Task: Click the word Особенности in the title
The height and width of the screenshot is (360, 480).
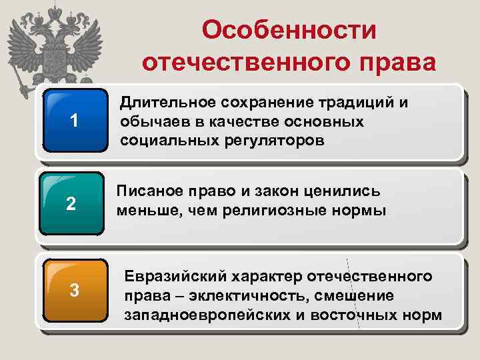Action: [289, 30]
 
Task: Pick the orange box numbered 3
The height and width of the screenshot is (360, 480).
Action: [75, 290]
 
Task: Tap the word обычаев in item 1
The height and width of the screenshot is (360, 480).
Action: [149, 122]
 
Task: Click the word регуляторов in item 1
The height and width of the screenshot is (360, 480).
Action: [266, 141]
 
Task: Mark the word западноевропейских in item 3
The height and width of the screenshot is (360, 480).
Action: [206, 314]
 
